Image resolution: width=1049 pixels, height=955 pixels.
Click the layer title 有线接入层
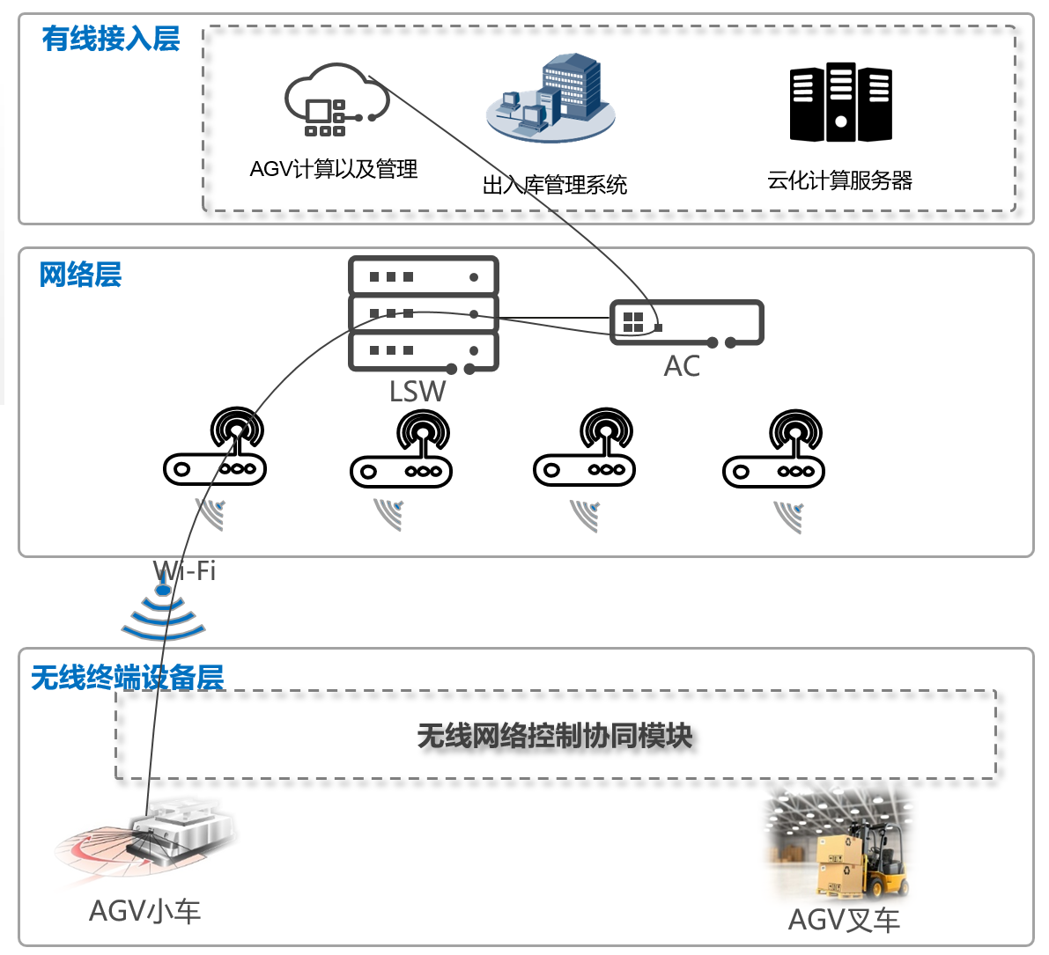[111, 39]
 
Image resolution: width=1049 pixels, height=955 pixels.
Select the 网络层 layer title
[80, 275]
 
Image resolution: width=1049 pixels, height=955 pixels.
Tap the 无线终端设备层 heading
[128, 678]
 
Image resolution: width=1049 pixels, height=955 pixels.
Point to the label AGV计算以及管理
[334, 169]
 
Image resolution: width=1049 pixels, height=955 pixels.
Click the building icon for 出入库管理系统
[551, 97]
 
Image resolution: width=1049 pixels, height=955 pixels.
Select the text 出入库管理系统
[555, 185]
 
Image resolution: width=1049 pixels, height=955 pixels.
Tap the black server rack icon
[840, 102]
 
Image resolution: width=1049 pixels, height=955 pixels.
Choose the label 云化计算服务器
[839, 180]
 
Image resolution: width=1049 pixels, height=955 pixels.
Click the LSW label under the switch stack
[417, 391]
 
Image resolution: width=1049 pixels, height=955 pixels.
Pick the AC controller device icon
[686, 323]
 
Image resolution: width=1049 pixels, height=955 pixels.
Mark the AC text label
[682, 366]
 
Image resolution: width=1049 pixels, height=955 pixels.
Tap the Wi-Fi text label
[184, 570]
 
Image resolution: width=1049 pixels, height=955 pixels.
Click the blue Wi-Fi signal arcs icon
[164, 613]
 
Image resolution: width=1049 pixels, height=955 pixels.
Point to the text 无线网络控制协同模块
[555, 736]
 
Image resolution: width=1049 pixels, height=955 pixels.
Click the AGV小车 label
[145, 910]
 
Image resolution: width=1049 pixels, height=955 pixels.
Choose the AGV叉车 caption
[844, 920]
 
